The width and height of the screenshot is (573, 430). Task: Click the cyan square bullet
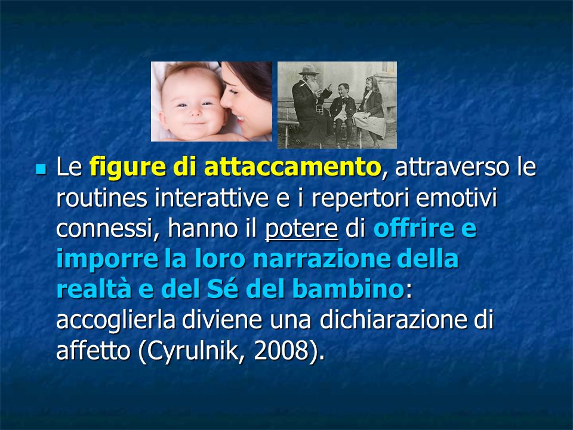coord(41,169)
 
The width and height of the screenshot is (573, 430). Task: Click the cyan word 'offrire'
coord(409,228)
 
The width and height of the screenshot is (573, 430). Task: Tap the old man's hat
coord(308,69)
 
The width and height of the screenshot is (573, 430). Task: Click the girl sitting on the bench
coord(371,110)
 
